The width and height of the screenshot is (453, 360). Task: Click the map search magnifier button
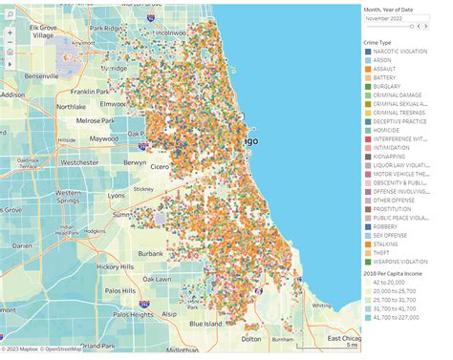(11, 17)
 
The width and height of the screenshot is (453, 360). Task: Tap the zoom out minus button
(11, 42)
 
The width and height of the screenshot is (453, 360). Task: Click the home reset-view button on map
(11, 53)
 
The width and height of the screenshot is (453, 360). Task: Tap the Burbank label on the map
(150, 253)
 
